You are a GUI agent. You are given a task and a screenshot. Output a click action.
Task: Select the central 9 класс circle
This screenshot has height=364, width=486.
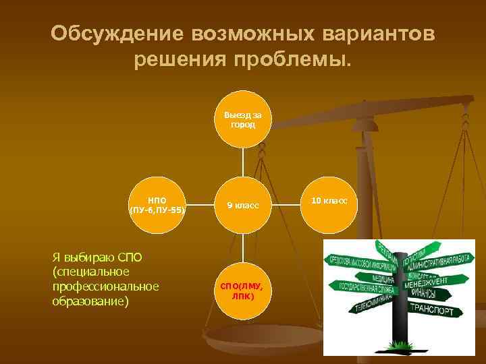pos(243,204)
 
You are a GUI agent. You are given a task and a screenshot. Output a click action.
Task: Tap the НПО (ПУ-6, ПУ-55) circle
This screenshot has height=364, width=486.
pos(157,204)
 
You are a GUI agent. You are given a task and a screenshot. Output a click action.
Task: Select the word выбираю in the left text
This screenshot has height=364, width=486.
pos(87,257)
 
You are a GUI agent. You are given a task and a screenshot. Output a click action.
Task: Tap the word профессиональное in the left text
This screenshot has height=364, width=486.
pos(105,286)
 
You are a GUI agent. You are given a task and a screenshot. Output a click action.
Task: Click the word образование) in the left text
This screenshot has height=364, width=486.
pos(89,301)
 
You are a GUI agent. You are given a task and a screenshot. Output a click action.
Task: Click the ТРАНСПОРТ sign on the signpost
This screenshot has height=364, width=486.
pos(437,311)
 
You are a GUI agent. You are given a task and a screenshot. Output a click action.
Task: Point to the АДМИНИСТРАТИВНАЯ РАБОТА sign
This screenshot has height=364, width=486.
pos(443,262)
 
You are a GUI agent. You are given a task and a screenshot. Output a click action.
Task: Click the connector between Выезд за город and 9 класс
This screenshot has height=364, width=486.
pos(243,162)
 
